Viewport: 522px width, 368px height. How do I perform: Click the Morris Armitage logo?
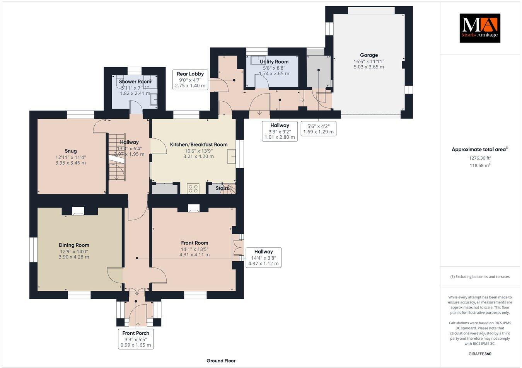click(x=479, y=28)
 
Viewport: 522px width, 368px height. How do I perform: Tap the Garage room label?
click(x=368, y=55)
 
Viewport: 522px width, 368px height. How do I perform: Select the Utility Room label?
click(x=274, y=62)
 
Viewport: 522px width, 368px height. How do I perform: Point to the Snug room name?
click(x=71, y=151)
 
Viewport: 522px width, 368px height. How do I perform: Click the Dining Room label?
click(x=74, y=245)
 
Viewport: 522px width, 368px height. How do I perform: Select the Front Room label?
click(x=194, y=243)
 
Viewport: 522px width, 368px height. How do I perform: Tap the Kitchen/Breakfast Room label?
click(x=199, y=145)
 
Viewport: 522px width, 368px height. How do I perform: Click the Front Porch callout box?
click(x=136, y=339)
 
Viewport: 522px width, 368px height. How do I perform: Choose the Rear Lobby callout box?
click(x=190, y=80)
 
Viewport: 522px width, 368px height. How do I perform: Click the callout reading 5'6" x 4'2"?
click(x=318, y=129)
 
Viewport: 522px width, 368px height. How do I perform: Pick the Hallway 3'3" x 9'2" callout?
click(x=280, y=131)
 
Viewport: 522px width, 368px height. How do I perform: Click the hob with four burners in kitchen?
click(x=193, y=189)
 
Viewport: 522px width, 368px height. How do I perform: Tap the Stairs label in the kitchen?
click(x=222, y=188)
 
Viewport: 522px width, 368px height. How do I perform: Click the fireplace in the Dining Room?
click(x=78, y=211)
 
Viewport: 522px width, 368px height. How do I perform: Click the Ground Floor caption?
click(x=221, y=361)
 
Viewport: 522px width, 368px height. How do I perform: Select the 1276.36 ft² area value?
click(x=479, y=158)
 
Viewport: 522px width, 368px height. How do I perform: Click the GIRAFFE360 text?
click(x=479, y=353)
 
